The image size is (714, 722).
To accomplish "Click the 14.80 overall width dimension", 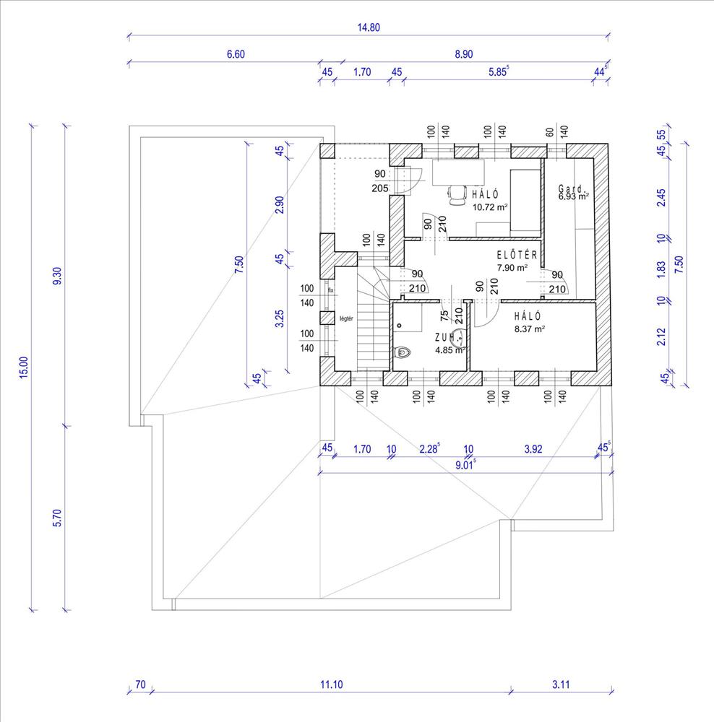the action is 369,27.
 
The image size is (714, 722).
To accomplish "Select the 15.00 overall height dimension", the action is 24,367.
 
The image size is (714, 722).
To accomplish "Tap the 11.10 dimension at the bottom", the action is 332,684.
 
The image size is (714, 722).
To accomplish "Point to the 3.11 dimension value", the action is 561,684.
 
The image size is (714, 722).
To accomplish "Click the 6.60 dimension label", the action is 236,54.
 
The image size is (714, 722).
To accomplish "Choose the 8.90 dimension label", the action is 464,54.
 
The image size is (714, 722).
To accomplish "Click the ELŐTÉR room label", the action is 517,255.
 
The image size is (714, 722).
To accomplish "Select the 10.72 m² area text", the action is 490,207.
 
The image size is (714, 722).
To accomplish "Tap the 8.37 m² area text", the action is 530,329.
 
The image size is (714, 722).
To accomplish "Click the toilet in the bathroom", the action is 403,353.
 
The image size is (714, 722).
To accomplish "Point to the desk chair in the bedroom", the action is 457,195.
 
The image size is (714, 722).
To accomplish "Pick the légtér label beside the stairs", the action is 346,318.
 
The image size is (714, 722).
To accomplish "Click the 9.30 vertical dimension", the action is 57,276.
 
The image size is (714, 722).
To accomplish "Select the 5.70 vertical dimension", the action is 57,518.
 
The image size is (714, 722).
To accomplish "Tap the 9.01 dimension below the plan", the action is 465,465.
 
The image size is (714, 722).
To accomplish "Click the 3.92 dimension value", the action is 533,449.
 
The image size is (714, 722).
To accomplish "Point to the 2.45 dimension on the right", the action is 661,198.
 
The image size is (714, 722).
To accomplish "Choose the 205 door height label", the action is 380,188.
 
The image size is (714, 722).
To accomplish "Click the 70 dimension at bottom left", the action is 140,684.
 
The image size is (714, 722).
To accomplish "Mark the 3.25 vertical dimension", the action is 280,318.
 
